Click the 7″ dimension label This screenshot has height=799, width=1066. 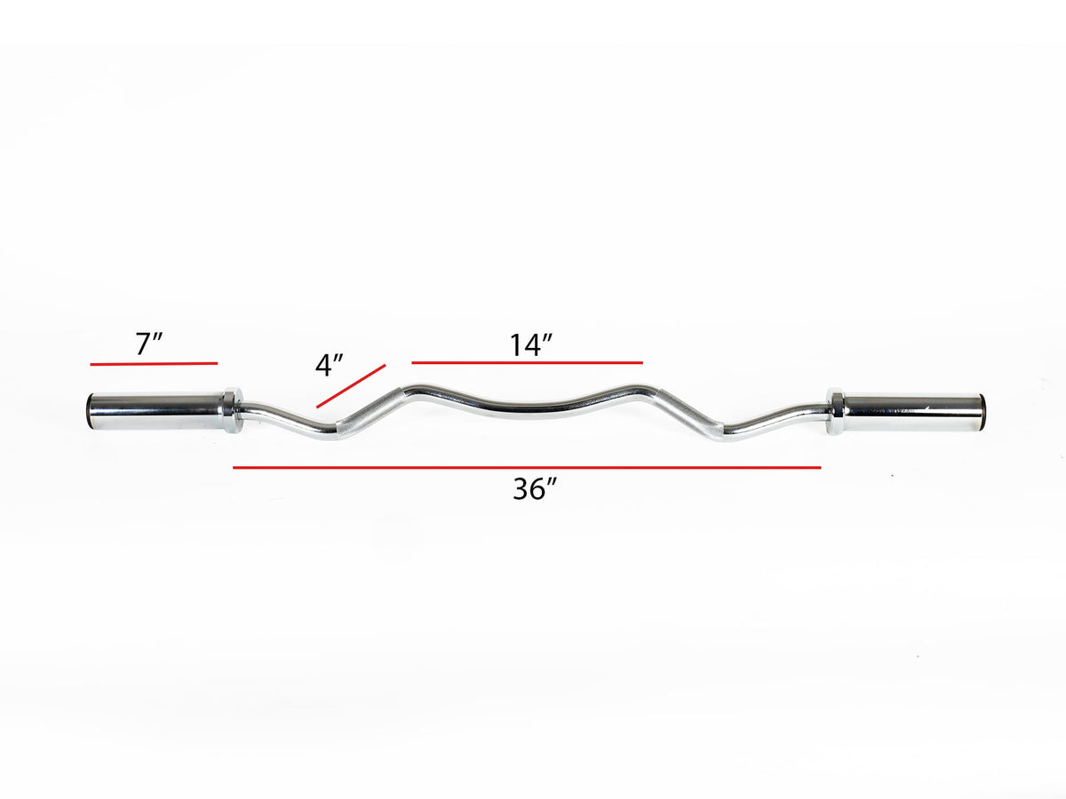148,344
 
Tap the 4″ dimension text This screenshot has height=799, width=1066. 330,365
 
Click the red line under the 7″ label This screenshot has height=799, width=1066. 153,363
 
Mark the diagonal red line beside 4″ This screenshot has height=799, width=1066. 351,385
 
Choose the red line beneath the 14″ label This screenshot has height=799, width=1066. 527,362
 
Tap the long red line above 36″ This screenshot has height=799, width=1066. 527,467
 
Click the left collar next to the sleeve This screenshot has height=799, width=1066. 229,409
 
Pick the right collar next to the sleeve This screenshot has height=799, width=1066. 835,411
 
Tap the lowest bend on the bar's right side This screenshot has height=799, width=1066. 724,435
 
